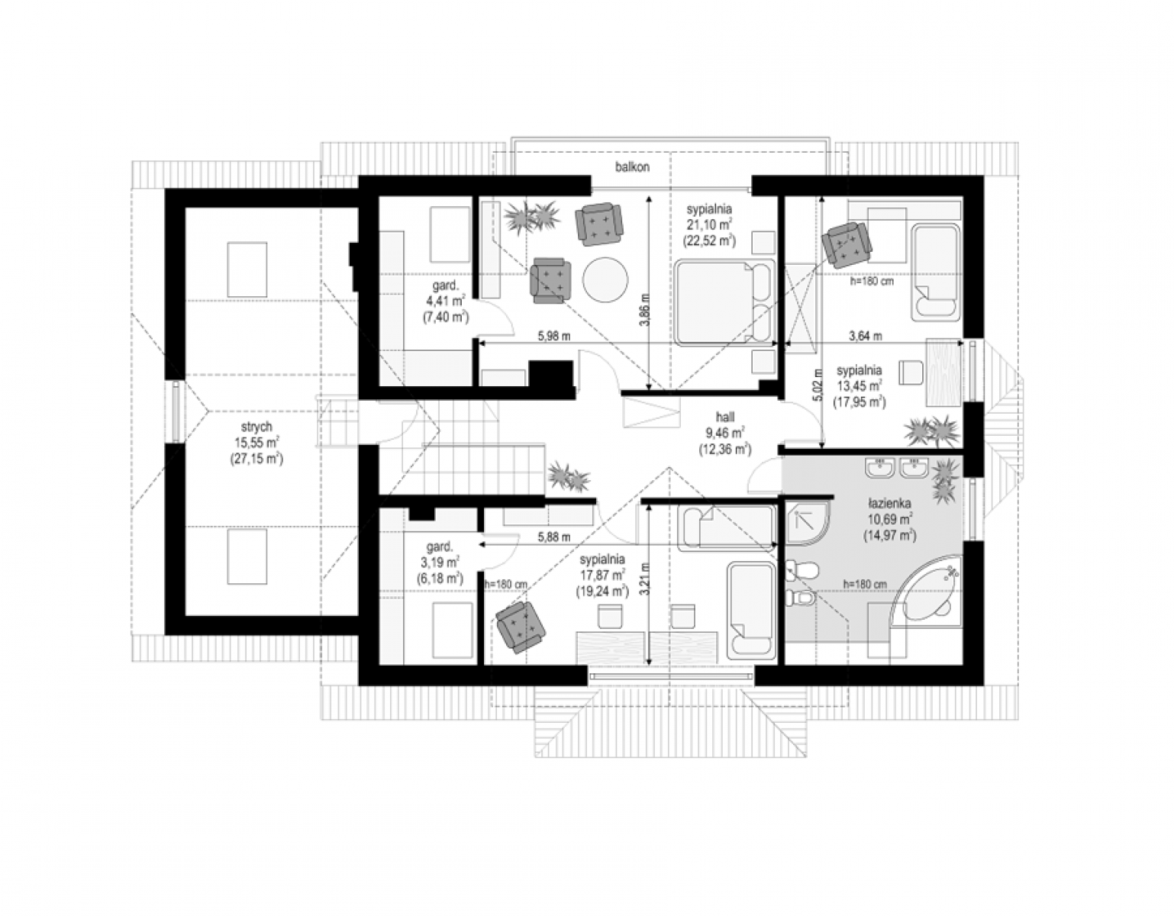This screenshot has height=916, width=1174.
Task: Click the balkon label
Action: coord(632,167)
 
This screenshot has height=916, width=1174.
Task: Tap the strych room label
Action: coord(256,427)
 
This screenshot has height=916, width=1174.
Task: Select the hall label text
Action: coord(725,417)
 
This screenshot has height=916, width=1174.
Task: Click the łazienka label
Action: coord(889,503)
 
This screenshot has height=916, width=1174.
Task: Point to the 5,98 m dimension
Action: coord(553,336)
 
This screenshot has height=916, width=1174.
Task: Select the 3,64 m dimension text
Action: coord(866,336)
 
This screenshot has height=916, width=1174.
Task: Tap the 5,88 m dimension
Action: coord(553,537)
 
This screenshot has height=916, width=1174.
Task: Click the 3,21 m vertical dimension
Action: coord(643,579)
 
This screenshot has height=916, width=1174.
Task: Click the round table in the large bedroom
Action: coord(605,280)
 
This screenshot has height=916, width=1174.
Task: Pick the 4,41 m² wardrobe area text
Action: coord(446,302)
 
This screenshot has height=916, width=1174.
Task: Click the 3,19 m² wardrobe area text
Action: coord(440,562)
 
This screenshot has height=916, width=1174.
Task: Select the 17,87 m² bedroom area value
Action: coord(602,575)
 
